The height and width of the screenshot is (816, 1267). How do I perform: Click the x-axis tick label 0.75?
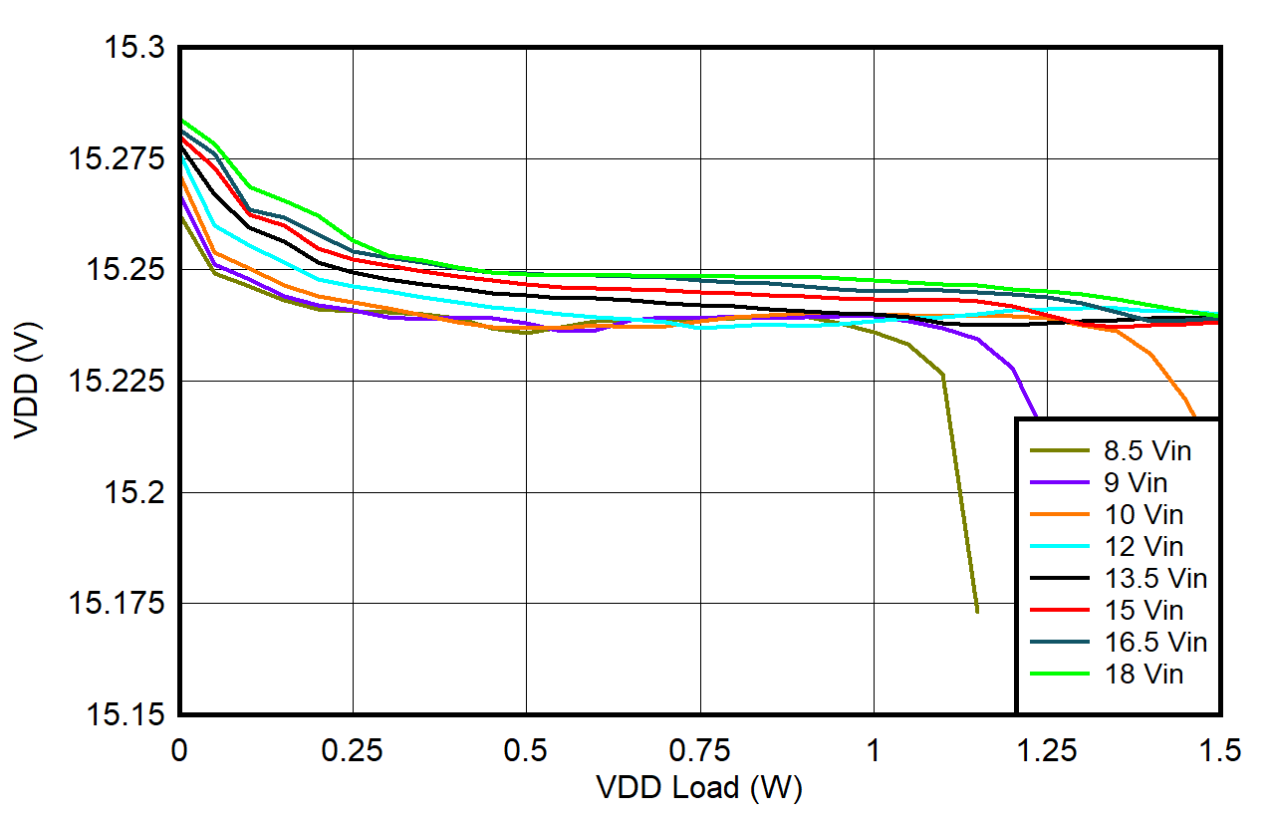[x=699, y=750]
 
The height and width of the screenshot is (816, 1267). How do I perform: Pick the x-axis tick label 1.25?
[x=1047, y=750]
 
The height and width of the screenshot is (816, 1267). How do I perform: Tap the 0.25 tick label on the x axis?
[x=353, y=750]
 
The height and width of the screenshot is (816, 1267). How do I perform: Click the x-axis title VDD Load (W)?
[x=699, y=788]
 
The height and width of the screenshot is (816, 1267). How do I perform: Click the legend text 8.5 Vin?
[x=1147, y=451]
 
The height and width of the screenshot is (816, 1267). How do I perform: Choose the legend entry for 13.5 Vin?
[x=1155, y=578]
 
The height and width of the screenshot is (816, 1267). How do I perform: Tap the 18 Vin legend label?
[x=1143, y=674]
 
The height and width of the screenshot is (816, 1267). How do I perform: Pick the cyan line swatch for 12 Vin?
[x=1058, y=546]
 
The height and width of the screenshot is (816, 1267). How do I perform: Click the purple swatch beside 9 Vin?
[x=1058, y=483]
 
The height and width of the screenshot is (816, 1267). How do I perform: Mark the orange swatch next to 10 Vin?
[x=1058, y=515]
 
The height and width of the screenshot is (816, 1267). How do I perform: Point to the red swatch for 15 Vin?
[x=1058, y=610]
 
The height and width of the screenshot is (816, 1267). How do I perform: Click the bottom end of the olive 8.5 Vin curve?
[x=977, y=611]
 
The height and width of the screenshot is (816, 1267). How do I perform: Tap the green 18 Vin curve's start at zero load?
[x=181, y=121]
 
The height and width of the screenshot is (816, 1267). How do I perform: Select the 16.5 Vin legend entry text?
[x=1155, y=642]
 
